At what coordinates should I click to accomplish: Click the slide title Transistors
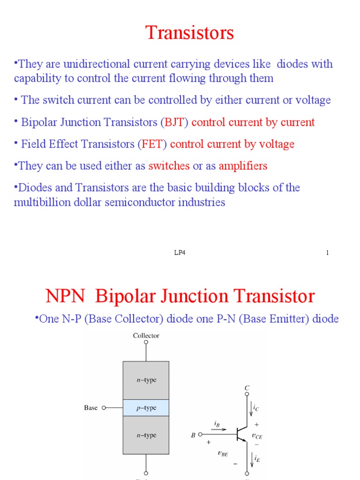[189, 33]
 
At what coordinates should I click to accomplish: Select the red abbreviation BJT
[175, 123]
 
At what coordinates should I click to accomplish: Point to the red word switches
[169, 166]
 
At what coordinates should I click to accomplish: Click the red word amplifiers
[243, 166]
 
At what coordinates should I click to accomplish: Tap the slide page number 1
[327, 253]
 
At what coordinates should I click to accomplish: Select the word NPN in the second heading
[65, 296]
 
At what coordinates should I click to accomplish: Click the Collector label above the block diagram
[146, 336]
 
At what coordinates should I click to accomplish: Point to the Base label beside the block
[90, 408]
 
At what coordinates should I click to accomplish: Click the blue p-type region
[146, 408]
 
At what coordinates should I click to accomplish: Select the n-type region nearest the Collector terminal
[146, 380]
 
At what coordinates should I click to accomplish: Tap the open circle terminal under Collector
[146, 343]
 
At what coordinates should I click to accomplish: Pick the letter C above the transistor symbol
[247, 388]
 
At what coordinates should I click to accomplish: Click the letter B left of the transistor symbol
[193, 435]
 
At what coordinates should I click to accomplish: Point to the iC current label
[256, 408]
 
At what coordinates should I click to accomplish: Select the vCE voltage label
[257, 435]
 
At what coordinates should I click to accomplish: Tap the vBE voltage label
[223, 453]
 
